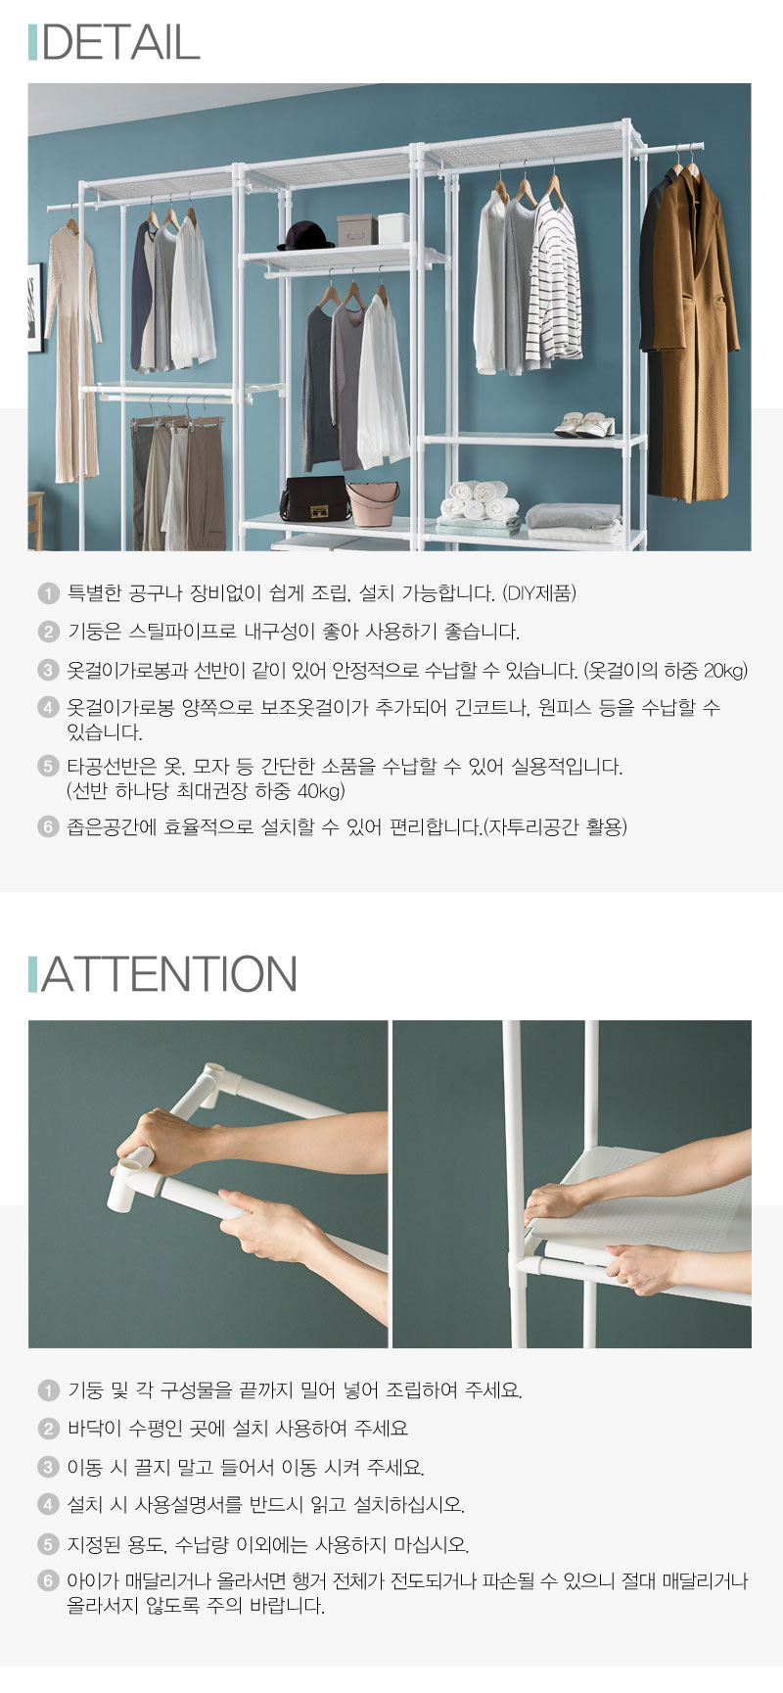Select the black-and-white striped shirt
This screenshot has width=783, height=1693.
(x=555, y=284)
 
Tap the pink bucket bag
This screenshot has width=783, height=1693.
(x=373, y=503)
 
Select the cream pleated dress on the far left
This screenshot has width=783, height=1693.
(x=73, y=353)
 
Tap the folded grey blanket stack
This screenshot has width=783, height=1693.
(x=573, y=521)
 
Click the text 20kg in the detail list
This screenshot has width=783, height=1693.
(x=725, y=671)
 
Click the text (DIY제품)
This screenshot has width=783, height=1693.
(x=539, y=593)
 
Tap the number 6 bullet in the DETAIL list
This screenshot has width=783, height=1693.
(x=48, y=827)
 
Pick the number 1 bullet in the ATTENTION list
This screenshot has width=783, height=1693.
(x=48, y=1390)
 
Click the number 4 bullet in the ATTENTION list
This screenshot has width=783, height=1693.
(x=48, y=1505)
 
